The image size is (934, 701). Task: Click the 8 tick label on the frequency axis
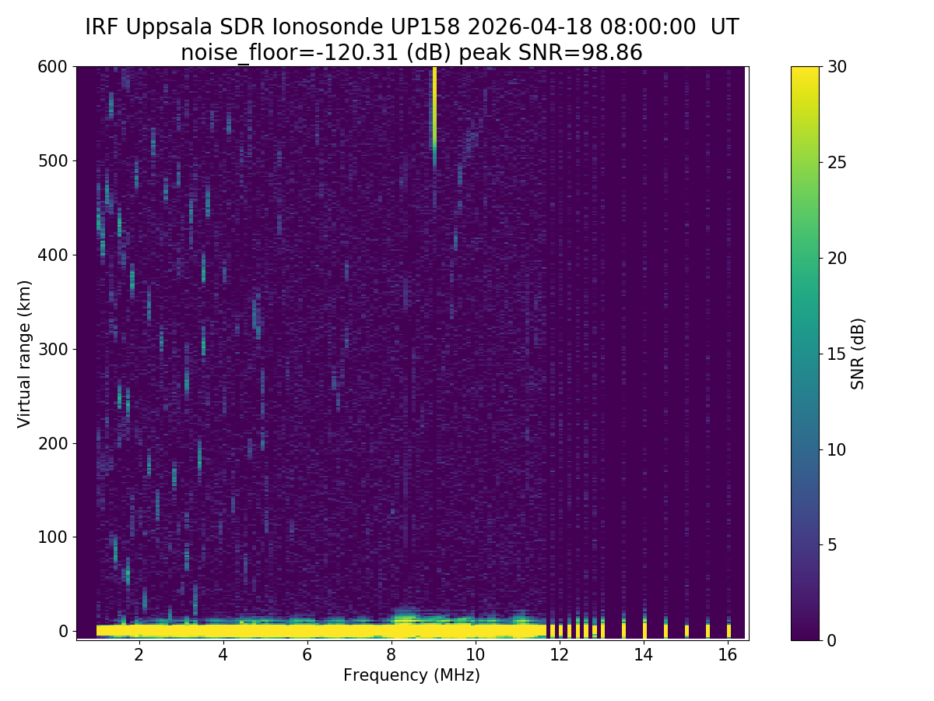click(x=391, y=654)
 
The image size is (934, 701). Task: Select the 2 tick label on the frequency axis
click(x=139, y=654)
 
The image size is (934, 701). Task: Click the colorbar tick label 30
click(x=837, y=67)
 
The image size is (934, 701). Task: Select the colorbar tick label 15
click(x=837, y=354)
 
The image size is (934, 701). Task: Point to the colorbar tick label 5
click(x=832, y=544)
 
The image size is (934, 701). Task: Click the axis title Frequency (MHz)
click(x=412, y=675)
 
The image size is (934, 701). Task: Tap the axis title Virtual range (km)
click(x=25, y=354)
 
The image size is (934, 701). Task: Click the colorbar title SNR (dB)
click(x=858, y=354)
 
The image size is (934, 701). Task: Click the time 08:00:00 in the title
click(x=648, y=27)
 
